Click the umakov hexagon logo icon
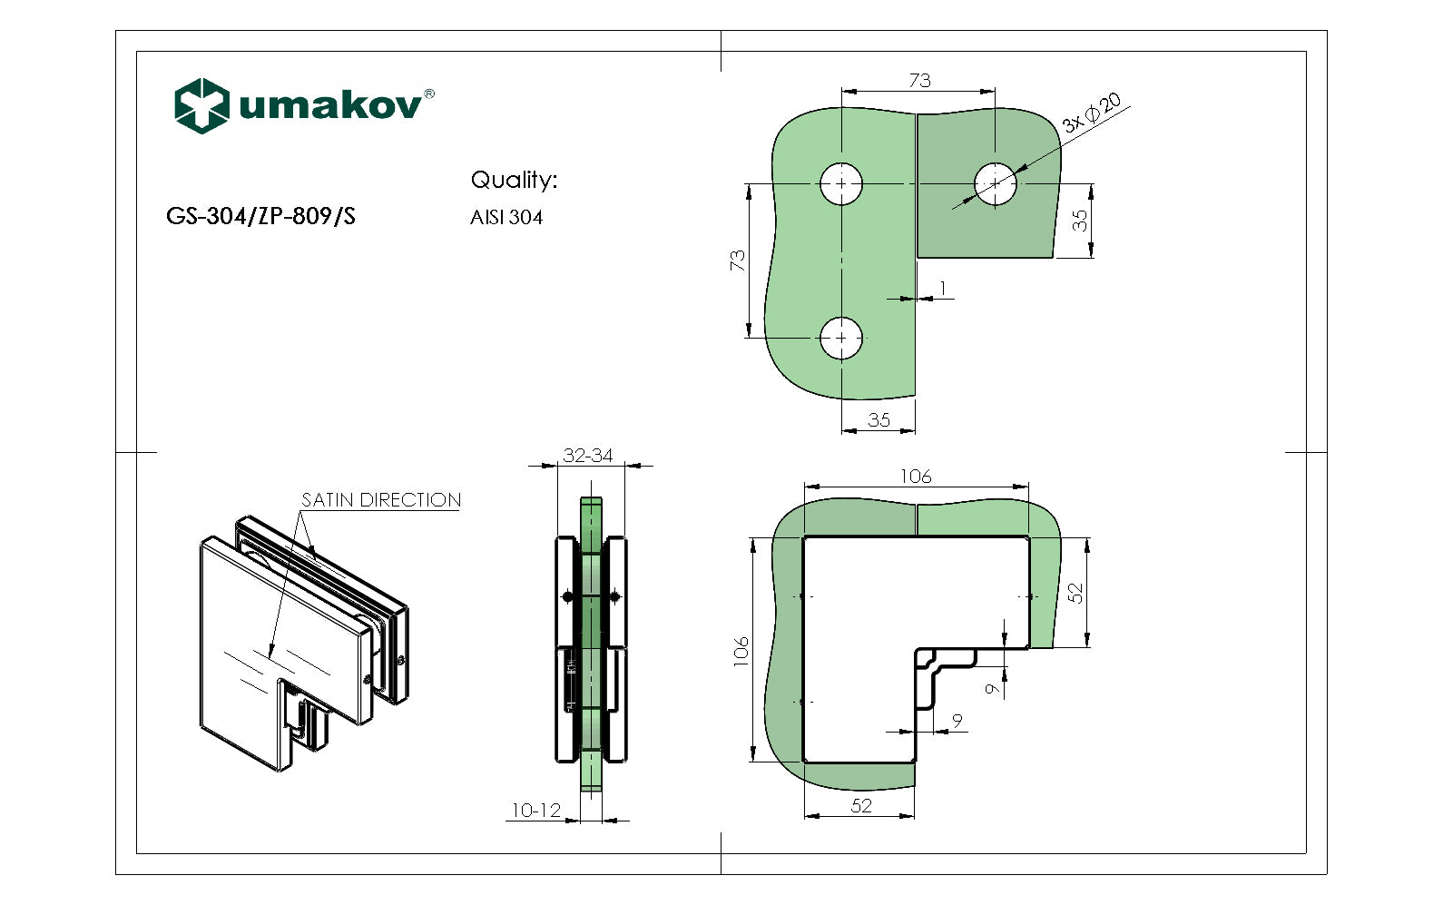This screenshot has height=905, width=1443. click(x=201, y=105)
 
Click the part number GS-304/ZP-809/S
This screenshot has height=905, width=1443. click(x=260, y=216)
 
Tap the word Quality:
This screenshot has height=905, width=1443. click(x=513, y=180)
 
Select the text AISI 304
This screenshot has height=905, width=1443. click(x=506, y=218)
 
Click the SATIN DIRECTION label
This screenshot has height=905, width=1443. click(x=380, y=500)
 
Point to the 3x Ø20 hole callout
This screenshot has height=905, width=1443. click(x=1092, y=113)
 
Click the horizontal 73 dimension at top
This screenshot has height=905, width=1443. click(x=919, y=81)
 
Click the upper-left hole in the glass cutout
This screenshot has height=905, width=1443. click(x=841, y=184)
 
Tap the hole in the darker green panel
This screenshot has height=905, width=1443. click(x=996, y=184)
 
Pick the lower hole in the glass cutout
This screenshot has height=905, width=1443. click(x=841, y=338)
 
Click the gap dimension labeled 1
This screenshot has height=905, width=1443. click(x=943, y=289)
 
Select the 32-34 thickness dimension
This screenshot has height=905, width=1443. click(x=588, y=456)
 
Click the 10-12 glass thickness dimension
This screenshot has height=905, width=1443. click(x=535, y=811)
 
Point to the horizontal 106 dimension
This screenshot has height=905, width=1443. click(x=916, y=477)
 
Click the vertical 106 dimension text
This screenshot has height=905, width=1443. click(x=741, y=651)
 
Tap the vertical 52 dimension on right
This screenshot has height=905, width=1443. click(x=1075, y=593)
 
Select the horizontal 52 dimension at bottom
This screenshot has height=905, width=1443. click(x=861, y=805)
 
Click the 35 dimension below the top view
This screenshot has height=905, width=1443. click(x=879, y=420)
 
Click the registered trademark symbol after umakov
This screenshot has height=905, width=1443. click(x=429, y=93)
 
